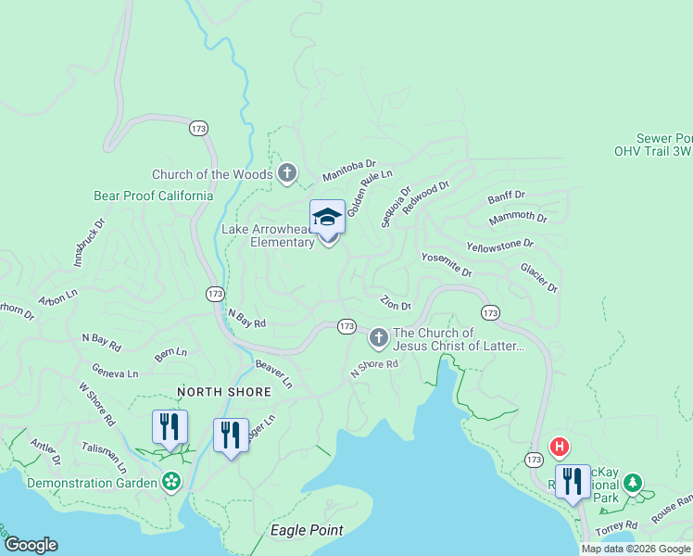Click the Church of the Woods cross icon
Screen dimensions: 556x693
(287, 173)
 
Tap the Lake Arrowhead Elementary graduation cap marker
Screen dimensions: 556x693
(327, 217)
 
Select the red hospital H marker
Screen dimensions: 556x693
(560, 448)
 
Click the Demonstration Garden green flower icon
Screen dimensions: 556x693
(170, 482)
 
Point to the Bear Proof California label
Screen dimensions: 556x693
(153, 196)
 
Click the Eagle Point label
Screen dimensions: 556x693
(307, 530)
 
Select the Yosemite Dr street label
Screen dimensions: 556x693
(447, 265)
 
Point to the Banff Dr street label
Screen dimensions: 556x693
(506, 197)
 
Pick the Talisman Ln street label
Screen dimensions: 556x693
(109, 455)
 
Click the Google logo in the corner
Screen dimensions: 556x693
(31, 545)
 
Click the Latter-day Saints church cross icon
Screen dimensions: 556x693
(378, 338)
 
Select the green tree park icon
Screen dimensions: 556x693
(633, 483)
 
